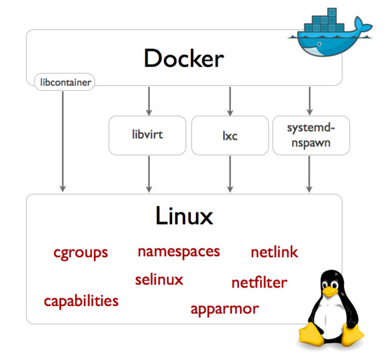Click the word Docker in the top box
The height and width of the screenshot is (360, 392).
pos(184,58)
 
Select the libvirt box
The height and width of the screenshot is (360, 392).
pos(149,135)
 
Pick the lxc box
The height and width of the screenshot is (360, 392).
pos(230,135)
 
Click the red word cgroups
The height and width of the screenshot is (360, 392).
pos(80,252)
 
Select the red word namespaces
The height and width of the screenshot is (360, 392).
pos(178,251)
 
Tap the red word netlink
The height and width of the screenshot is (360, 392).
pos(274,252)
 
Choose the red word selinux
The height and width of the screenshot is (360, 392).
pos(159,280)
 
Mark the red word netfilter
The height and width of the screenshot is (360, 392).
pos(259,283)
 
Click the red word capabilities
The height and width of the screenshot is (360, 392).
pos(81,301)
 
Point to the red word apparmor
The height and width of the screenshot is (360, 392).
pos(224,309)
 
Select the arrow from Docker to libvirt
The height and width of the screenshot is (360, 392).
pos(149,100)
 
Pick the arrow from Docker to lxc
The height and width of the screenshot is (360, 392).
pos(230,100)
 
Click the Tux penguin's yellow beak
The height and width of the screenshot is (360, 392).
pos(331,292)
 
